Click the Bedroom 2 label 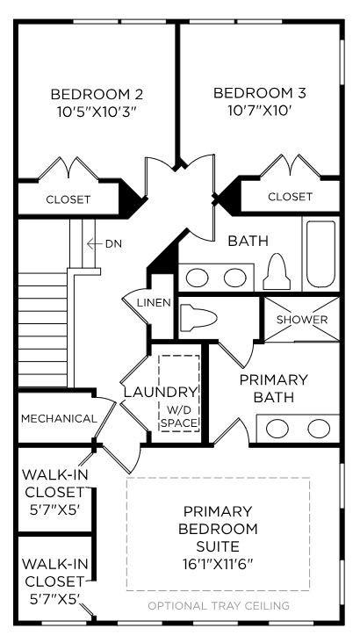(x=97, y=94)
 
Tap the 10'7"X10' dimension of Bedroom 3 (x=260, y=111)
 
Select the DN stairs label (x=113, y=243)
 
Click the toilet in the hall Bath (x=277, y=271)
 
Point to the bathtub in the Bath (x=321, y=254)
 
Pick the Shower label (x=302, y=320)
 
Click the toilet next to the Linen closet (x=198, y=316)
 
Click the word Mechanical (x=59, y=419)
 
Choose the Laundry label (x=161, y=392)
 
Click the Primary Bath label (x=273, y=388)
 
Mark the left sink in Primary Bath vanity (x=274, y=429)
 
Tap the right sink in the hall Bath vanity (x=235, y=278)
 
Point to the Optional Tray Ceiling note (x=219, y=605)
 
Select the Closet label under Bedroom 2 (x=68, y=199)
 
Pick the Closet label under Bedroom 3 (x=290, y=197)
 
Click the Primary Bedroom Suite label (x=218, y=529)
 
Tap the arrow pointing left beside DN (x=95, y=244)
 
